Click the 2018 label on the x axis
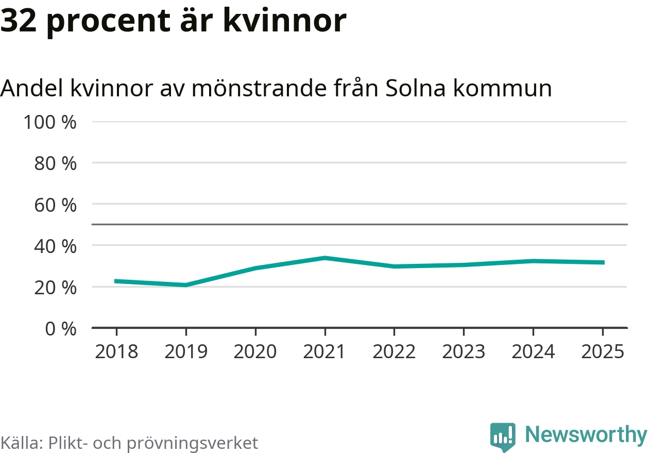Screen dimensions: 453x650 pos(116,351)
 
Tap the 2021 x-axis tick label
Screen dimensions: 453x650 pos(324,351)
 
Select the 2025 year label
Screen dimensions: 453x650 pos(603,351)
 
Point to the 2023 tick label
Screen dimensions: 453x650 pos(464,351)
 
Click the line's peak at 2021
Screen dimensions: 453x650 pos(324,258)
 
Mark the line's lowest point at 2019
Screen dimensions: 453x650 pos(185,285)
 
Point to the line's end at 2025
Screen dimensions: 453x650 pos(603,262)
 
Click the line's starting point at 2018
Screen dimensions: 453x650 pos(116,281)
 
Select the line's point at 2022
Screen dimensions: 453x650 pos(394,266)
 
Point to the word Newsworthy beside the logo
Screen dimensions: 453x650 pos(586,435)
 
